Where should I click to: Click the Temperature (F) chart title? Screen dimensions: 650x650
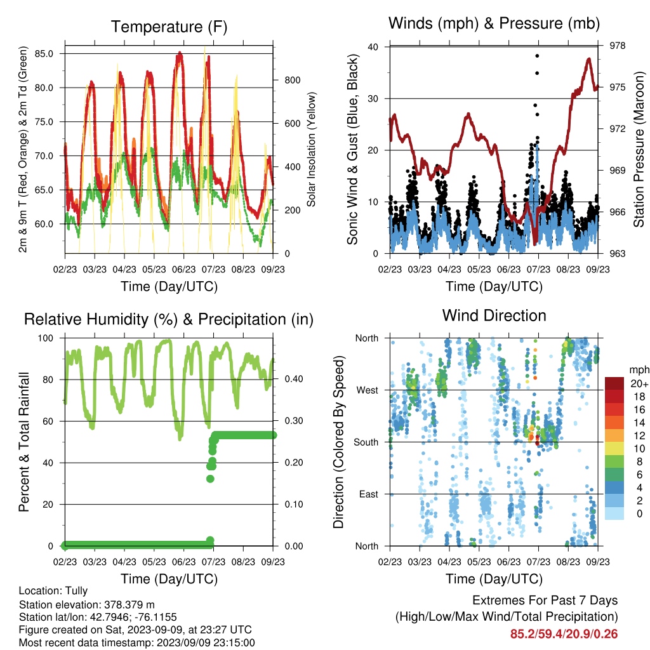point(169,27)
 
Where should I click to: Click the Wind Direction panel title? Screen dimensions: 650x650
point(494,315)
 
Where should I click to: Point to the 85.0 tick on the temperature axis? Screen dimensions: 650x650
point(44,54)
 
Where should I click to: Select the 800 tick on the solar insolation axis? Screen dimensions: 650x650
point(293,81)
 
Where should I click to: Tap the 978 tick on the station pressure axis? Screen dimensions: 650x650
point(618,46)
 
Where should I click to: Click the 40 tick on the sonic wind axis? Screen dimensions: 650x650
point(373,47)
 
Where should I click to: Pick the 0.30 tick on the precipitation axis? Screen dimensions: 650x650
point(294,421)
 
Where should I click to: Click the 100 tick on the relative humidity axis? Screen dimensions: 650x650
point(46,338)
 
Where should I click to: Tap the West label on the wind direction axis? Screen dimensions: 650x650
point(368,390)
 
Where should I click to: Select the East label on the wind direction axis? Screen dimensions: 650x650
point(369,494)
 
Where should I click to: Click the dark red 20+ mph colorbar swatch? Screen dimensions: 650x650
point(614,383)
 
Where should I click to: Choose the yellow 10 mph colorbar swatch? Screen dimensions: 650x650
point(614,448)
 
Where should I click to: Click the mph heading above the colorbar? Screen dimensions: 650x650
point(639,370)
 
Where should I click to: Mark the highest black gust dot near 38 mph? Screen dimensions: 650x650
point(537,56)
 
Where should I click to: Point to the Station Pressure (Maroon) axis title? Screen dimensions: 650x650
point(639,149)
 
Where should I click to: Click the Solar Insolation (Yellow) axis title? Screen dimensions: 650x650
point(311,149)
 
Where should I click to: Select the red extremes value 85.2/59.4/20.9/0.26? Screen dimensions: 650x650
point(564,634)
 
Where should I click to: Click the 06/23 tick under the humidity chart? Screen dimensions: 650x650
point(183,562)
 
